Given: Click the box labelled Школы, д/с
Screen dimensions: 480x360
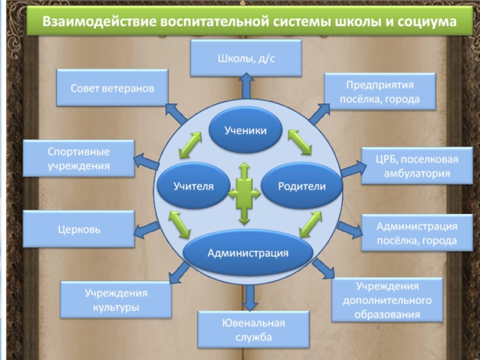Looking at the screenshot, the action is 246,58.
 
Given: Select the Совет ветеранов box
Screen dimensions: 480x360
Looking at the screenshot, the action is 112,88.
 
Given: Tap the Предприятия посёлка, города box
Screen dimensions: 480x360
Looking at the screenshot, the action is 380,91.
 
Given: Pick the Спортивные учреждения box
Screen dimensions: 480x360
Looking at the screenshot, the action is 79,158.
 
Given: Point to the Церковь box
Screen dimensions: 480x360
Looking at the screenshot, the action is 79,229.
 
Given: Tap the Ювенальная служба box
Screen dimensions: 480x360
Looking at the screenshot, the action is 254,329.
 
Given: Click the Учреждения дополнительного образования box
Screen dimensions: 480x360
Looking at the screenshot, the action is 387,299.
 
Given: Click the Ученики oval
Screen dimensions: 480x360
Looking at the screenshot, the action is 245,130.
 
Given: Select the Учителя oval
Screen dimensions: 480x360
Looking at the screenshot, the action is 193,186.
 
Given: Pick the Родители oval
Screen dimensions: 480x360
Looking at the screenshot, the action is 302,186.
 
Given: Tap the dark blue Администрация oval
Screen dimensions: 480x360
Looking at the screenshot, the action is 248,253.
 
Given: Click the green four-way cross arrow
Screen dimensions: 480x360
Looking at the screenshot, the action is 245,193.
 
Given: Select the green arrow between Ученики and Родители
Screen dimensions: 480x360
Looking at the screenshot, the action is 299,142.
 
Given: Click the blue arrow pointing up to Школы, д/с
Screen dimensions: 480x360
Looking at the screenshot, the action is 246,86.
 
